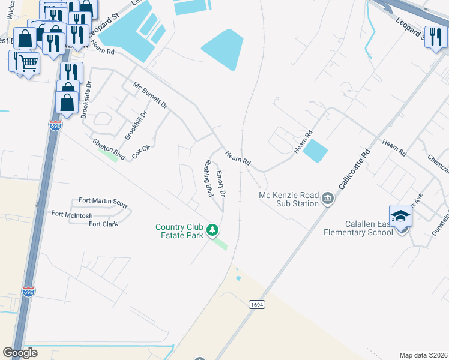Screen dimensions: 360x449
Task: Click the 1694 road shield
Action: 256,305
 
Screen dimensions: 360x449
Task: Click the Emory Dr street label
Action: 220,184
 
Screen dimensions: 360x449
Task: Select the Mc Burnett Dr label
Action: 151,95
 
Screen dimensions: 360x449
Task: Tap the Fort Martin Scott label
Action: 103,203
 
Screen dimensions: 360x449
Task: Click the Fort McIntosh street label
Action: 71,214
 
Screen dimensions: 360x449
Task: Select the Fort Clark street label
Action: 103,224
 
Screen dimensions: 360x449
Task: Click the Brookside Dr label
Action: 88,101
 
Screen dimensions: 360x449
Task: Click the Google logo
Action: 20,353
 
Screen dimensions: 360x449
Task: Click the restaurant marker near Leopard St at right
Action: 435,37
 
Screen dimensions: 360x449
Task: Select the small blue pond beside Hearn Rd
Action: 315,151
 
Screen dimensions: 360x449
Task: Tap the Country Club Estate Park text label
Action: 181,231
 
